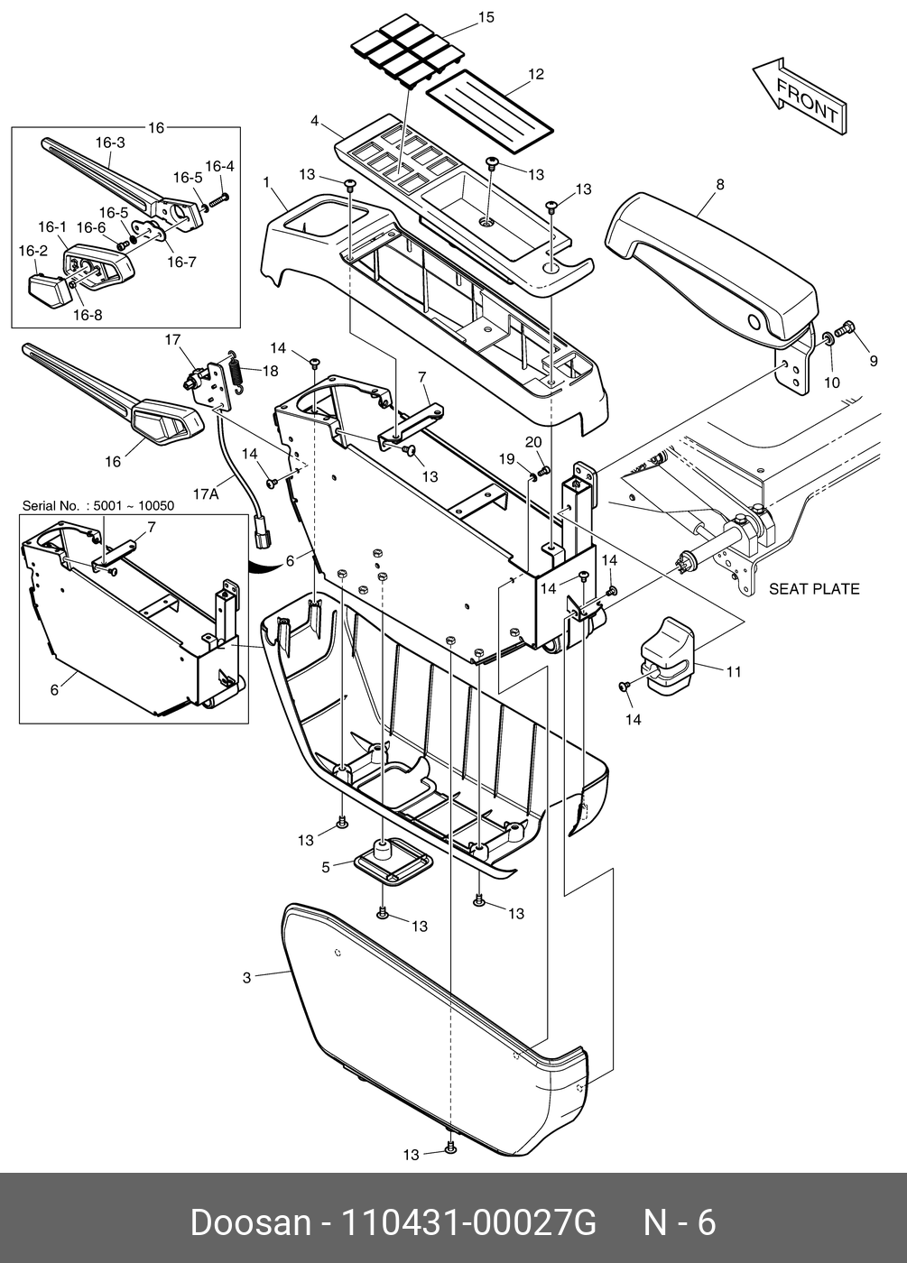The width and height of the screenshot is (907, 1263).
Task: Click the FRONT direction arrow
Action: tap(799, 97)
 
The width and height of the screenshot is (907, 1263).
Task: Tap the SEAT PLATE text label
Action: tap(813, 589)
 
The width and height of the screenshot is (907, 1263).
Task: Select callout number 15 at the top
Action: tap(486, 17)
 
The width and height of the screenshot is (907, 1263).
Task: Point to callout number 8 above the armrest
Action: tap(719, 184)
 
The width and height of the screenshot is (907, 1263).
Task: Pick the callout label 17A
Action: tap(205, 493)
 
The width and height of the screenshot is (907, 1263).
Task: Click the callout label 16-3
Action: tap(109, 143)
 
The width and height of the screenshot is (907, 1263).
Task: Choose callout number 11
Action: tap(733, 671)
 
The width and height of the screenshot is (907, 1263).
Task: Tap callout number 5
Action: tap(326, 868)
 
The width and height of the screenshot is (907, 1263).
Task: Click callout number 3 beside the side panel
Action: tap(246, 977)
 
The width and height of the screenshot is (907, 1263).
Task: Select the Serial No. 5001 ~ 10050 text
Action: tap(98, 506)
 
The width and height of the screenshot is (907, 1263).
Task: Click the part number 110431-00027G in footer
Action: tap(467, 1223)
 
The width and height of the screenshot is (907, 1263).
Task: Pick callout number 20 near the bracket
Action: tap(534, 442)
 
